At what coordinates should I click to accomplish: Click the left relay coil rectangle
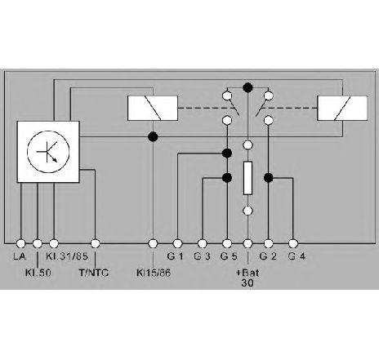[x=153, y=108]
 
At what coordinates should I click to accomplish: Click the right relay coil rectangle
[x=342, y=108]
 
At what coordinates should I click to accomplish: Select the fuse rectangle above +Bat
[x=247, y=178]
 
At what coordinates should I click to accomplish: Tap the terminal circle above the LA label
[x=20, y=243]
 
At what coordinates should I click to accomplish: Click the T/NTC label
[x=94, y=273]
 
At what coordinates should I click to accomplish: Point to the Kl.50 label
[x=38, y=273]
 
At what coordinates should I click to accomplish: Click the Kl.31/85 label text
[x=67, y=256]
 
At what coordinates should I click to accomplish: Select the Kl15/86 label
[x=154, y=273]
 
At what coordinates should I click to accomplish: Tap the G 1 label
[x=175, y=256]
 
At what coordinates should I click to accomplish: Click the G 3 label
[x=202, y=256]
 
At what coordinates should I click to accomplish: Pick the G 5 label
[x=229, y=256]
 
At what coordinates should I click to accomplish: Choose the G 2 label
[x=268, y=256]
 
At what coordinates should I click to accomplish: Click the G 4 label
[x=297, y=256]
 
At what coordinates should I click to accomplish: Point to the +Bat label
[x=247, y=273]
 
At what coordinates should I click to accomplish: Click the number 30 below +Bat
[x=247, y=283]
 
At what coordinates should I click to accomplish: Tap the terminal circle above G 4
[x=293, y=243]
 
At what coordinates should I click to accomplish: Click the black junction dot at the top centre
[x=247, y=87]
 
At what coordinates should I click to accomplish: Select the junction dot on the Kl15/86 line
[x=153, y=136]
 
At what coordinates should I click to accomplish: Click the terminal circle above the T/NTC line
[x=95, y=243]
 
